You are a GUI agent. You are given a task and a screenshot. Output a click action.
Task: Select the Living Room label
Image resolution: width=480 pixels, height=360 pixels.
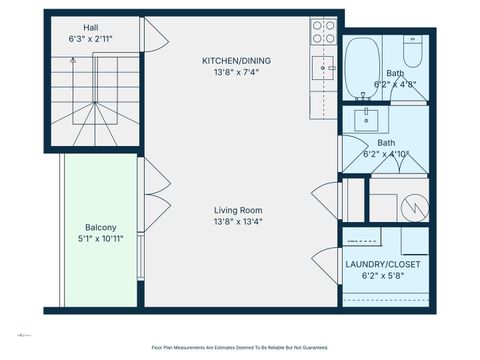pyautogui.click(x=237, y=210)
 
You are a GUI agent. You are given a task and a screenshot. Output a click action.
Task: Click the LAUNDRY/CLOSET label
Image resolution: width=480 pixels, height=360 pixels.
pyautogui.click(x=383, y=264)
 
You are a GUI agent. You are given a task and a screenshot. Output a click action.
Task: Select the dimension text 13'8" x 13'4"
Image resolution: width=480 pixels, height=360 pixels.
pyautogui.click(x=237, y=222)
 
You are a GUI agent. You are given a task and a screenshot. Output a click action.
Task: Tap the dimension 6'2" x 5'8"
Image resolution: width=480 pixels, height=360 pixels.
pyautogui.click(x=383, y=277)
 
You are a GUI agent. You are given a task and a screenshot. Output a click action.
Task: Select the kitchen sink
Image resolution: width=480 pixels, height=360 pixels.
pyautogui.click(x=322, y=67)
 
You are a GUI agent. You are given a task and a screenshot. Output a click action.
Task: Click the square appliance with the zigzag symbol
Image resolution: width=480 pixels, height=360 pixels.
pyautogui.click(x=416, y=207)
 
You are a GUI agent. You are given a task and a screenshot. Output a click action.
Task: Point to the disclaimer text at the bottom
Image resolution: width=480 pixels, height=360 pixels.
pyautogui.click(x=240, y=347)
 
